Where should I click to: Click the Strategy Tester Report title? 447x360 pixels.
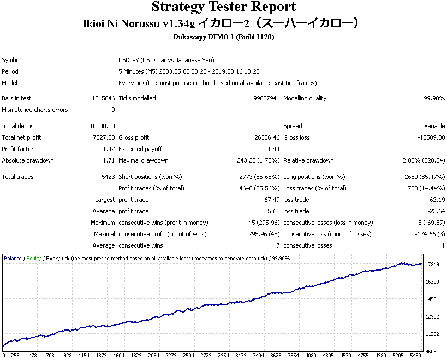point(224,7)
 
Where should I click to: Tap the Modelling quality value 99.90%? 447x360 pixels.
point(434,98)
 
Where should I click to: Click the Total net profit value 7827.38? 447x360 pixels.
point(104,137)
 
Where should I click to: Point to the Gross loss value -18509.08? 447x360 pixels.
point(431,137)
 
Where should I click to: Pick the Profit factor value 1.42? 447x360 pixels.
point(109,149)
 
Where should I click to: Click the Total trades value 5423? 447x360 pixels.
point(108,177)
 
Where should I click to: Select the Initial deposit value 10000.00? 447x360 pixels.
point(103,126)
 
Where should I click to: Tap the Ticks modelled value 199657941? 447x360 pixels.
point(265,98)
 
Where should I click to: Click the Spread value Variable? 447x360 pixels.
point(434,126)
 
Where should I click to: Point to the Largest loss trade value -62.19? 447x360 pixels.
point(436,200)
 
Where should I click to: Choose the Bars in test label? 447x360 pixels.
point(16,98)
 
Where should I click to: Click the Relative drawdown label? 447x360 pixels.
point(308,160)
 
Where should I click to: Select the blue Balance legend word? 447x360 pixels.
point(13,259)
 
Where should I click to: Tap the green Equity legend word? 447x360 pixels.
point(34,259)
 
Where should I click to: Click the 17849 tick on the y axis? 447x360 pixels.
point(432,265)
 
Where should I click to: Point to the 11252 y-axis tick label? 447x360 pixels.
point(432,334)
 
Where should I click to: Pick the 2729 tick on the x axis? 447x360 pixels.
point(206,356)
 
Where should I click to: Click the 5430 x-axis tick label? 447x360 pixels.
point(416,356)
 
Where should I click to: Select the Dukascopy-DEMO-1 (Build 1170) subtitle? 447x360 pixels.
point(224,37)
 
